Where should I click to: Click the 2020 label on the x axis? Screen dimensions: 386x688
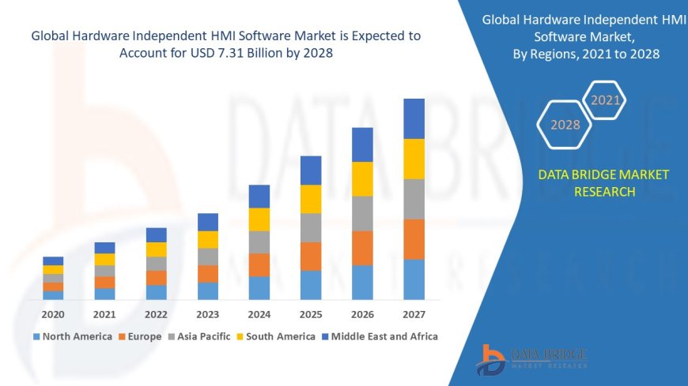pyautogui.click(x=53, y=313)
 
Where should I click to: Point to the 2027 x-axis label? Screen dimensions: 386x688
pyautogui.click(x=414, y=313)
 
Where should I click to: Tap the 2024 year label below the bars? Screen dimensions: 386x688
pyautogui.click(x=259, y=313)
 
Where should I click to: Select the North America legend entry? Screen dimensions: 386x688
pyautogui.click(x=72, y=336)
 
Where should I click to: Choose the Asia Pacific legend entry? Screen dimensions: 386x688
pyautogui.click(x=198, y=336)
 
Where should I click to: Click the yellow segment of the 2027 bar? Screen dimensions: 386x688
pyautogui.click(x=414, y=159)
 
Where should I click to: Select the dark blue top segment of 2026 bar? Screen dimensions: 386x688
pyautogui.click(x=362, y=144)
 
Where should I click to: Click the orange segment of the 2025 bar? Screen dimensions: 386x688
pyautogui.click(x=311, y=256)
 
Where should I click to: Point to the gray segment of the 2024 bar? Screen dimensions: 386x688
pyautogui.click(x=259, y=242)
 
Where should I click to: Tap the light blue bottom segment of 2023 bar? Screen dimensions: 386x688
pyautogui.click(x=208, y=290)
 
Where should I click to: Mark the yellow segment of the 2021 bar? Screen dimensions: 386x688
pyautogui.click(x=104, y=259)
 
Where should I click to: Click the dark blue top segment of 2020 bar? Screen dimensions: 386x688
pyautogui.click(x=53, y=260)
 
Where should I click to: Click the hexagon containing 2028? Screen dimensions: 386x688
pyautogui.click(x=565, y=125)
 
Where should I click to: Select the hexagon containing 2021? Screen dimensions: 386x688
pyautogui.click(x=606, y=100)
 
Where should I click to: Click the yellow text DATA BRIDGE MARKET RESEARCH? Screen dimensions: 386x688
pyautogui.click(x=603, y=183)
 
